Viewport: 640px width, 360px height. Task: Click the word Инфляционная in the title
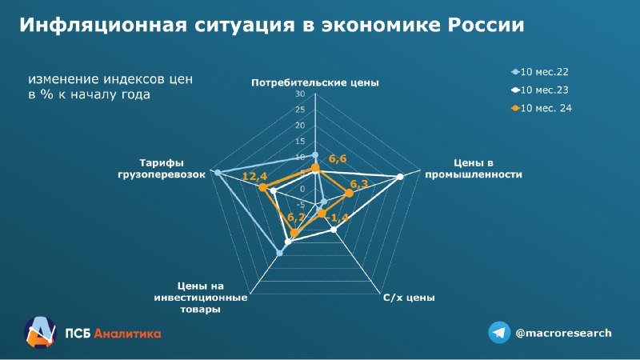click(x=103, y=25)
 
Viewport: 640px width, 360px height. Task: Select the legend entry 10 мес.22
click(x=539, y=72)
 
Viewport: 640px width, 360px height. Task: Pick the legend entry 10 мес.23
click(x=539, y=90)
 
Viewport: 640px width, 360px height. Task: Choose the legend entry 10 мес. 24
click(x=542, y=108)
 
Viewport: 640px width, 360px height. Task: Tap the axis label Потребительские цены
click(x=315, y=83)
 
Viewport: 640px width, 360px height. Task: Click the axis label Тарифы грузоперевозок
click(x=162, y=169)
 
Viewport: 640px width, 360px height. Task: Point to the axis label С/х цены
click(x=409, y=298)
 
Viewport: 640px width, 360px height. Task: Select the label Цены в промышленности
click(x=474, y=169)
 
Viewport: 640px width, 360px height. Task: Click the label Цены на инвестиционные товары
click(x=201, y=298)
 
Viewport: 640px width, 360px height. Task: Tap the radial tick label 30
click(x=300, y=94)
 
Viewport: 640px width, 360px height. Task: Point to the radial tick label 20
click(x=300, y=126)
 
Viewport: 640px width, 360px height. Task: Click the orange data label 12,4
click(x=254, y=176)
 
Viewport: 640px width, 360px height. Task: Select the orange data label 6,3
click(x=358, y=184)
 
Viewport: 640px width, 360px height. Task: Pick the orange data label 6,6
click(x=338, y=158)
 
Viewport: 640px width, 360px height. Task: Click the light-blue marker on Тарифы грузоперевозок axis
click(x=218, y=173)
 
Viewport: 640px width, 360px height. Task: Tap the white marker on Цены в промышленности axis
click(x=400, y=177)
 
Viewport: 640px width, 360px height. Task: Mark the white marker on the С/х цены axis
click(x=334, y=230)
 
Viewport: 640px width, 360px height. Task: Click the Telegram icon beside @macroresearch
click(x=499, y=333)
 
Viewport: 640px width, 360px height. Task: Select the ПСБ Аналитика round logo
click(x=39, y=332)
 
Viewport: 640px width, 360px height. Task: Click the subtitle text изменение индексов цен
click(x=110, y=78)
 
